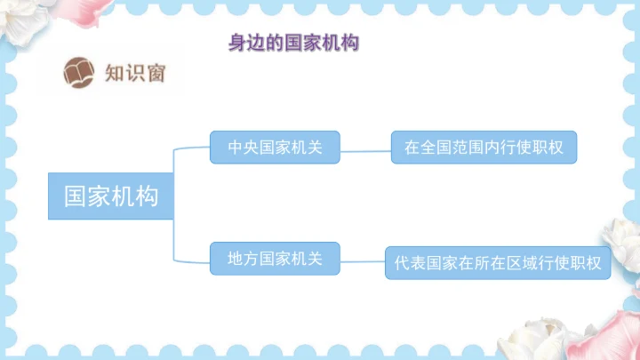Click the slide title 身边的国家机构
(293, 43)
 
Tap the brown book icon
(79, 72)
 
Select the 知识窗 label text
(134, 73)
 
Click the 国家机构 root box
(111, 196)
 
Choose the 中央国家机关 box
(275, 147)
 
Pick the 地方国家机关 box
(275, 259)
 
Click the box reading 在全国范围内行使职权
(484, 147)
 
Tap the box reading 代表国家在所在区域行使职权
(498, 263)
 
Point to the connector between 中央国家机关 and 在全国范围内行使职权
(365, 150)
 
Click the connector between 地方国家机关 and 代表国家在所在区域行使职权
(363, 261)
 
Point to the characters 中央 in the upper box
(244, 147)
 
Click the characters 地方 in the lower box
(244, 259)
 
